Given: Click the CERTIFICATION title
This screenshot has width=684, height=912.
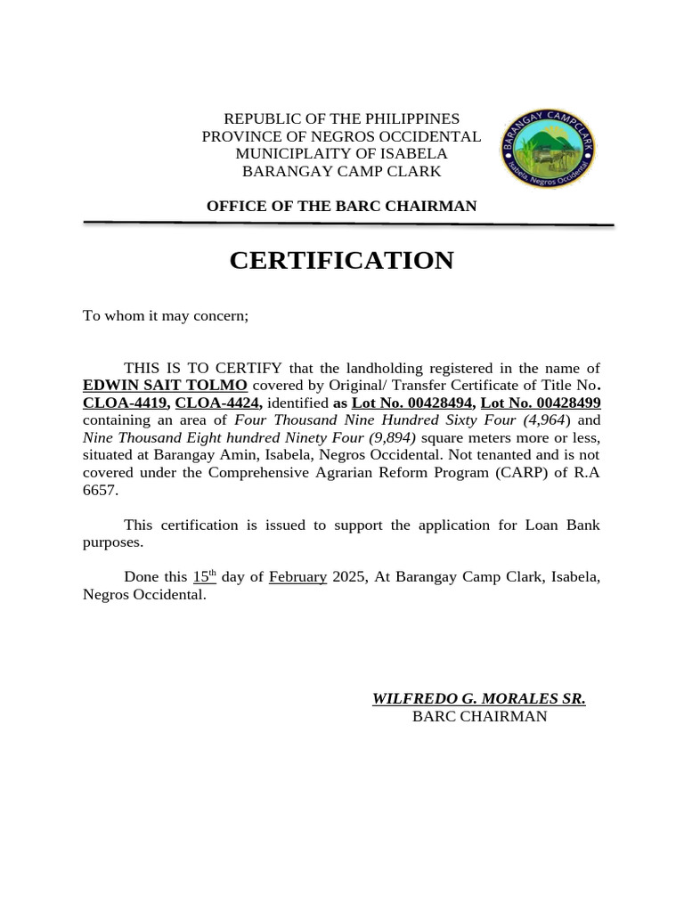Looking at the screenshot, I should coord(341,260).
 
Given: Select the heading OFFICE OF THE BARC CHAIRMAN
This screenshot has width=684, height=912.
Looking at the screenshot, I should coord(341,207).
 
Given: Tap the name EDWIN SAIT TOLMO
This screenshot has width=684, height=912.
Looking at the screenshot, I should coord(165,386).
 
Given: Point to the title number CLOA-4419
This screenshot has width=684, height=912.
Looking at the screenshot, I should coord(125,403).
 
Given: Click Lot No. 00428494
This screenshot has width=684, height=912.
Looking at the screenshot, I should coord(411,403).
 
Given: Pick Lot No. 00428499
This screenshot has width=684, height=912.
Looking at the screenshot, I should coord(541,403).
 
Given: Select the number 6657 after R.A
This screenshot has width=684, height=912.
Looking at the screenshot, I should coord(99,490).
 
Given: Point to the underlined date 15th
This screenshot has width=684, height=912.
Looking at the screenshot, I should coord(205,577).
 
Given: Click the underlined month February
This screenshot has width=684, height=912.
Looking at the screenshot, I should coord(297,577).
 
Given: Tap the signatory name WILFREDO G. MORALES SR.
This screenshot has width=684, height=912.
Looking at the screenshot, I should coord(478,699).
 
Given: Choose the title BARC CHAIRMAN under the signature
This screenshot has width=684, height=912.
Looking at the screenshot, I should coord(479,717).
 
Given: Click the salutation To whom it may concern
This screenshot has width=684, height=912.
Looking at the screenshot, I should coord(166,315).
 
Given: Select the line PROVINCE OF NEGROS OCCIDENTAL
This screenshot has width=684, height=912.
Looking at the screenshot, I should coord(341,136).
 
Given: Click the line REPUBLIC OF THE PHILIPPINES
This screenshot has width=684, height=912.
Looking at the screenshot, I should coord(341,118).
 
